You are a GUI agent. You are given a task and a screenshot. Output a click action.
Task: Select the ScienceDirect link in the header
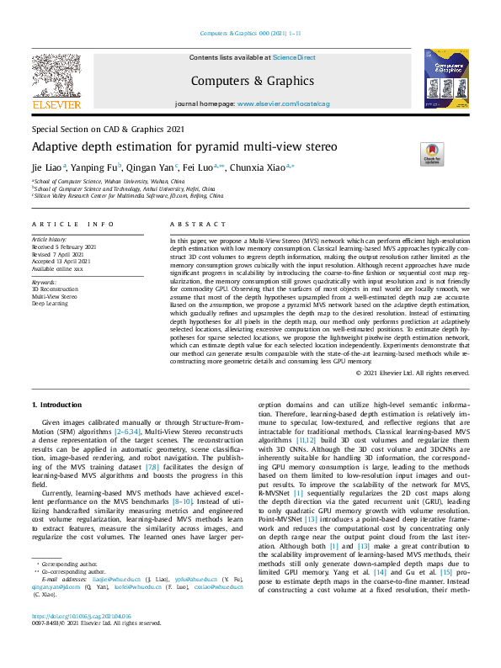294,57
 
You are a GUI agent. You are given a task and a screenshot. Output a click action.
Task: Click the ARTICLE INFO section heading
72,225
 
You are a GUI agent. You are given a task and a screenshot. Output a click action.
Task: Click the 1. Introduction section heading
57,405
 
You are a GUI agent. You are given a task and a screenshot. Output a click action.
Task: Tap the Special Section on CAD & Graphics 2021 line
108,130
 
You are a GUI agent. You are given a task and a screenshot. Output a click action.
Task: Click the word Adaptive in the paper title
56,146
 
